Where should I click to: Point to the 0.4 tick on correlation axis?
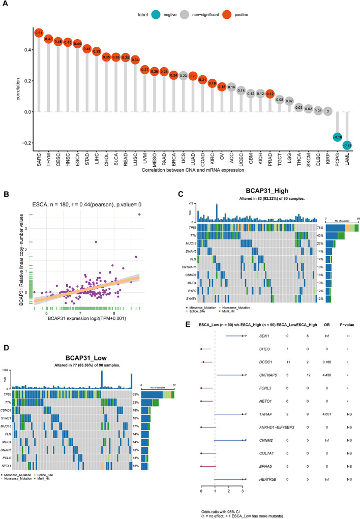[18, 50]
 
